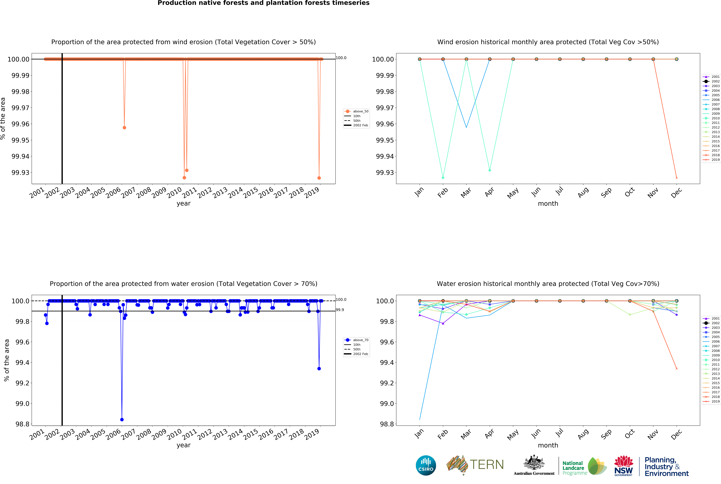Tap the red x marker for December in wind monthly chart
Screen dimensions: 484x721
[x=677, y=178]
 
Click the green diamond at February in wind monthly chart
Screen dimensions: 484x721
[x=443, y=178]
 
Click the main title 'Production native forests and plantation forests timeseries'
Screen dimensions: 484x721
[x=263, y=3]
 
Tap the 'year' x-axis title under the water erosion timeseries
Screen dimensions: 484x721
[x=183, y=445]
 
